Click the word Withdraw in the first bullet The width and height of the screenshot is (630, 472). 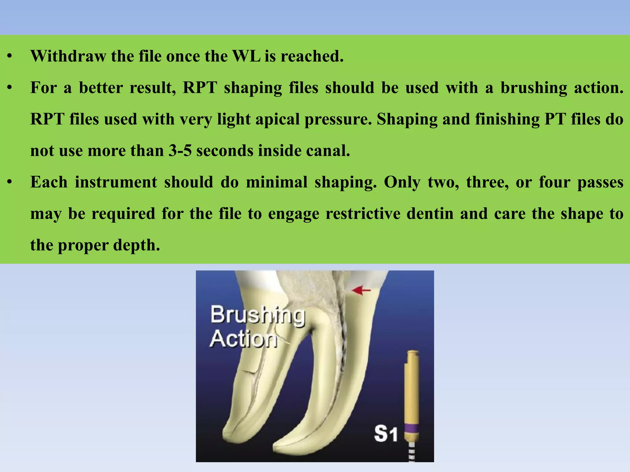pyautogui.click(x=68, y=56)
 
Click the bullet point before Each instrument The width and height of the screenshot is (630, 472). pyautogui.click(x=10, y=183)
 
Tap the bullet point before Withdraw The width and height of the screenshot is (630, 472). pyautogui.click(x=10, y=57)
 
